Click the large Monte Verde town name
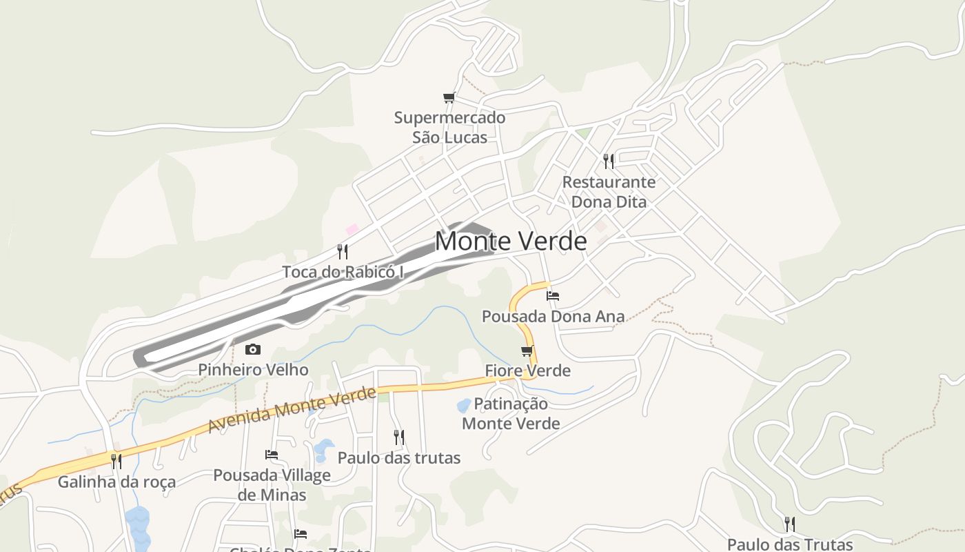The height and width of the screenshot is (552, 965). point(511,241)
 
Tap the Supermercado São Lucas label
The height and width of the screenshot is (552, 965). point(449,127)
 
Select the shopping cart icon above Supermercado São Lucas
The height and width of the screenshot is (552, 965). point(449,97)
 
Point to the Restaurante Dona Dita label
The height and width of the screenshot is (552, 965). point(609,192)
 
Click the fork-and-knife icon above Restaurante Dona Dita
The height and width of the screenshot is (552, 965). point(609,161)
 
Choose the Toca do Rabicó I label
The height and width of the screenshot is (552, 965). point(343,272)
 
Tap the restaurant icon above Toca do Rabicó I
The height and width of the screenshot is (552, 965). point(343,251)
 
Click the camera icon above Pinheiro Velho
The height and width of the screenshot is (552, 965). point(253,349)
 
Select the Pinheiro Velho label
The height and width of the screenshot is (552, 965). point(253,370)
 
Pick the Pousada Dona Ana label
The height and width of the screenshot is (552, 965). point(553,317)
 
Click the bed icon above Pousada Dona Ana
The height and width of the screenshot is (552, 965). point(553,296)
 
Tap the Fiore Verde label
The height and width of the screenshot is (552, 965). point(528,371)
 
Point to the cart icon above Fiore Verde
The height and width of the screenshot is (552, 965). point(527,351)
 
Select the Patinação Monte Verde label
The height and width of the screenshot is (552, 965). point(511,413)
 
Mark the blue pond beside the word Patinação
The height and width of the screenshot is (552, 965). point(464,405)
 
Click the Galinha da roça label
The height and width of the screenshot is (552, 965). point(116,482)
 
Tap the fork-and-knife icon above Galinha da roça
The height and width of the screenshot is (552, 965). point(116,461)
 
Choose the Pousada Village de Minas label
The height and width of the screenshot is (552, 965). point(272,484)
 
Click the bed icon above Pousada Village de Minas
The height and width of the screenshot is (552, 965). point(272,455)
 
